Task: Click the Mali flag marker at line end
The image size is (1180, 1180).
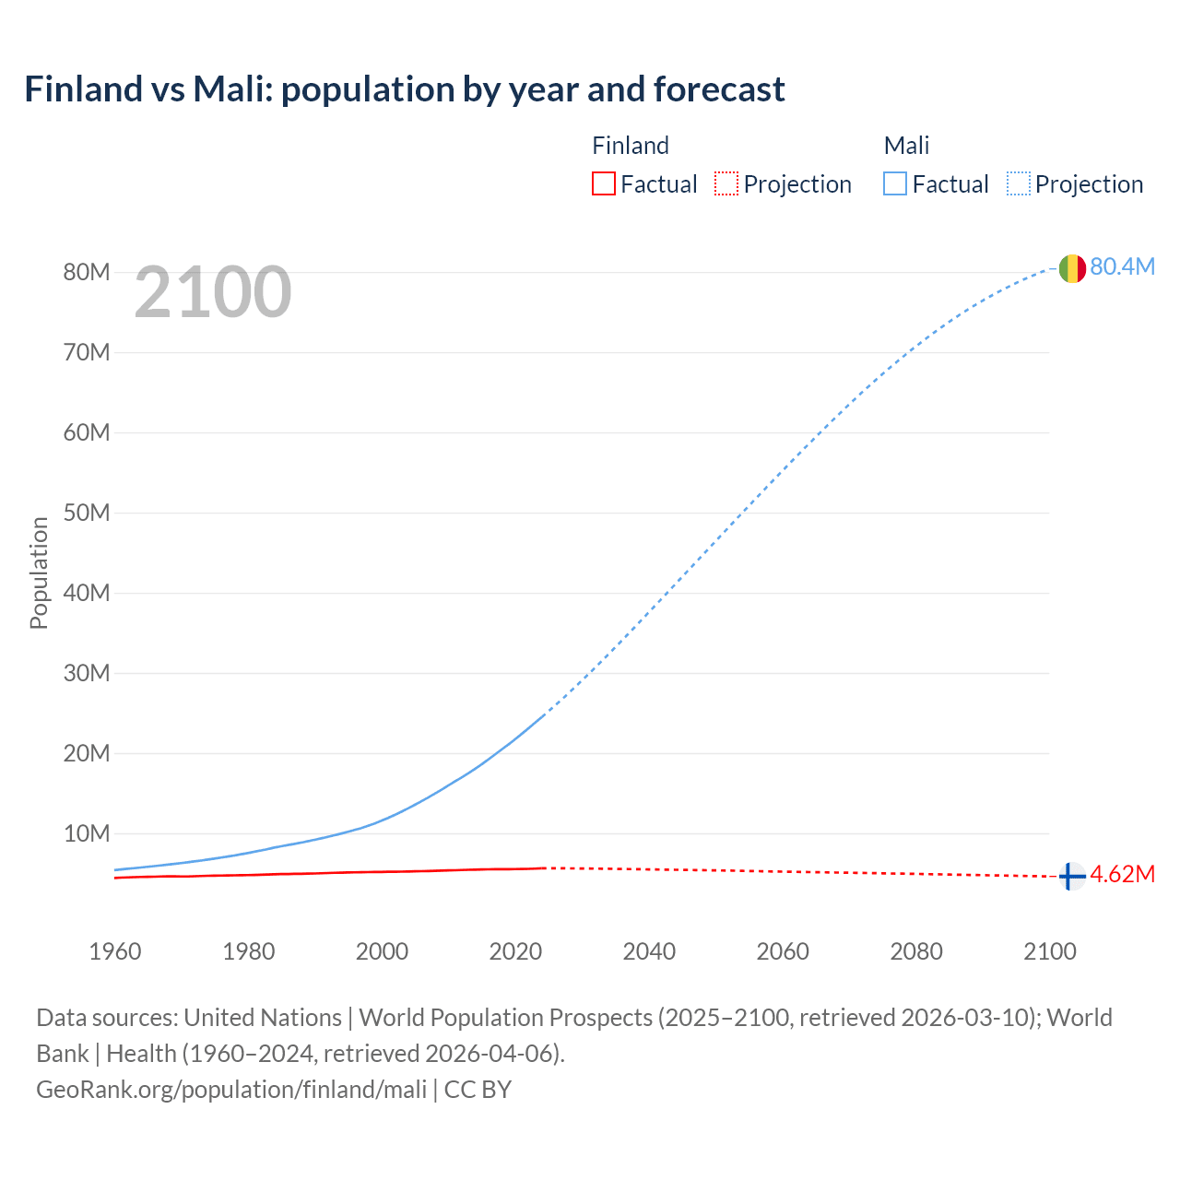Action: [1071, 268]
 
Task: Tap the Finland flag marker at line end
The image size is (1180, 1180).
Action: [1071, 876]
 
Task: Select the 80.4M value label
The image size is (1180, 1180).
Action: [1122, 266]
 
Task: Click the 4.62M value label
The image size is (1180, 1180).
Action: [1122, 874]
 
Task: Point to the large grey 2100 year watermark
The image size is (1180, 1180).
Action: [213, 292]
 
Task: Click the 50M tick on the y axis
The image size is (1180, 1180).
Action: [87, 513]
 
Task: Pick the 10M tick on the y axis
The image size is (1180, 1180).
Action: [87, 833]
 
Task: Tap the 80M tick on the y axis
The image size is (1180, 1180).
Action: [87, 272]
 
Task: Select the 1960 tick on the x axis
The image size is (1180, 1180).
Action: [115, 951]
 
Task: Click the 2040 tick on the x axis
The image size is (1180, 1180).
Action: [649, 951]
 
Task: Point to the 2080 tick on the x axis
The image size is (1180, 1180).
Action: [916, 951]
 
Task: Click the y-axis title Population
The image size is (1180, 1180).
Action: [39, 572]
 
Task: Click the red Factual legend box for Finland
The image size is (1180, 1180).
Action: [604, 183]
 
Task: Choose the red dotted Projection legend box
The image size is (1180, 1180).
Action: [726, 183]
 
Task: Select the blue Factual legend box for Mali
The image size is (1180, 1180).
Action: [895, 183]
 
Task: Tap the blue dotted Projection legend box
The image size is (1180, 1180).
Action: [1019, 183]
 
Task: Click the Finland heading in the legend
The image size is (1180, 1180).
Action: [631, 146]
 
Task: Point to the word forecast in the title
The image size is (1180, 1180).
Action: [719, 89]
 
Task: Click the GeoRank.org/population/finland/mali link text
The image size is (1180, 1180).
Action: [231, 1089]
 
